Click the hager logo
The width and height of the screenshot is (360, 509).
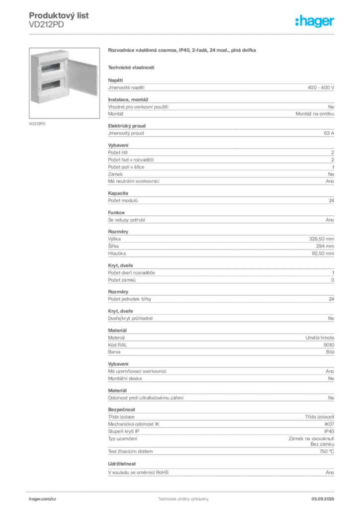point(315,21)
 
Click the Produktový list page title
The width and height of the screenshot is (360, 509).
point(59,15)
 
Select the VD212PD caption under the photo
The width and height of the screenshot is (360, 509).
point(37,124)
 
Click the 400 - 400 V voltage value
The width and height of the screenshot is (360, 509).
point(321,87)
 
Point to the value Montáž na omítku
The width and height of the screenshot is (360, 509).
point(315,114)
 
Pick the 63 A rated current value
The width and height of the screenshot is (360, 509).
point(329,133)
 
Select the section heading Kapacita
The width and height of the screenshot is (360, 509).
point(118,193)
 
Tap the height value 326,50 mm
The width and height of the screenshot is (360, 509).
point(321,239)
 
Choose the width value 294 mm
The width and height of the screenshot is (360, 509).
point(325,246)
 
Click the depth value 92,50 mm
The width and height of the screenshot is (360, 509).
point(323,253)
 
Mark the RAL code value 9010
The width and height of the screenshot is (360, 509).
point(329,345)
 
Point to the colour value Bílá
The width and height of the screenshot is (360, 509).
point(330,352)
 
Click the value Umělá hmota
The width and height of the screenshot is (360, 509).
point(320,338)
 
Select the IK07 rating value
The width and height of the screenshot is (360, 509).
point(329,424)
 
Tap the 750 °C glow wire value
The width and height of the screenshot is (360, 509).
point(327,451)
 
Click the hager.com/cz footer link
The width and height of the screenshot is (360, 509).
point(43,499)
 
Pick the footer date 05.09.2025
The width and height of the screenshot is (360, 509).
point(323,499)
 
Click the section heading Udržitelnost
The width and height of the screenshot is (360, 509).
point(122,464)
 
